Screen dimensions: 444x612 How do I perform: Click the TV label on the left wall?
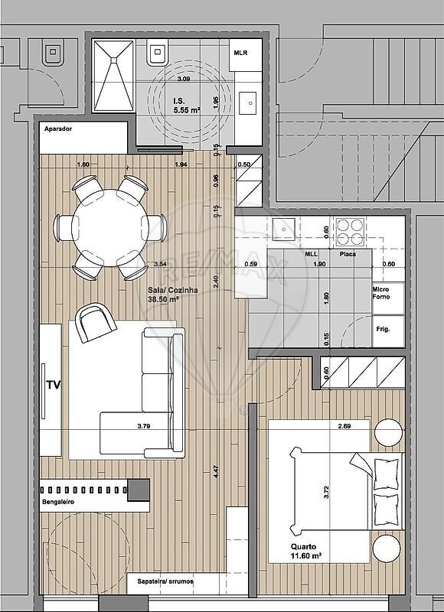pyautogui.click(x=54, y=386)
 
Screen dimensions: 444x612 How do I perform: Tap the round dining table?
pyautogui.click(x=109, y=227)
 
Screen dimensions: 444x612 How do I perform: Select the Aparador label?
pyautogui.click(x=57, y=129)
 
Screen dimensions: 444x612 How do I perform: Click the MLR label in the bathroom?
pyautogui.click(x=240, y=53)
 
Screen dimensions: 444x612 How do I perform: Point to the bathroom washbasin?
pyautogui.click(x=247, y=103)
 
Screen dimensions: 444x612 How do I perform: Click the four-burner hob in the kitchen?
pyautogui.click(x=351, y=232)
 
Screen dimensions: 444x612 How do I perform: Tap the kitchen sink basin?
pyautogui.click(x=283, y=229)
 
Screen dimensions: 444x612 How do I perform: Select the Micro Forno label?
pyautogui.click(x=381, y=293)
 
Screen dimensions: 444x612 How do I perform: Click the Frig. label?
pyautogui.click(x=383, y=330)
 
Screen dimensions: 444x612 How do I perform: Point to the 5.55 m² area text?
pyautogui.click(x=187, y=110)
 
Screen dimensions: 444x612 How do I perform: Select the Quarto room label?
pyautogui.click(x=303, y=546)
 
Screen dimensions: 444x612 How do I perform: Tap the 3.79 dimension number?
pyautogui.click(x=144, y=426)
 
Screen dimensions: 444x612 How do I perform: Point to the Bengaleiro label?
pyautogui.click(x=57, y=502)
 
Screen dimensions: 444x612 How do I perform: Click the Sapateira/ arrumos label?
pyautogui.click(x=165, y=581)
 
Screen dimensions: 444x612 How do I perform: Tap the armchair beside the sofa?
pyautogui.click(x=95, y=322)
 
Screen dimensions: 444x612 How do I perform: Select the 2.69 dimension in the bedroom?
pyautogui.click(x=344, y=426)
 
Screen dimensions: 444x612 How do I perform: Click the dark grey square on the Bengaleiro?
pyautogui.click(x=139, y=490)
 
